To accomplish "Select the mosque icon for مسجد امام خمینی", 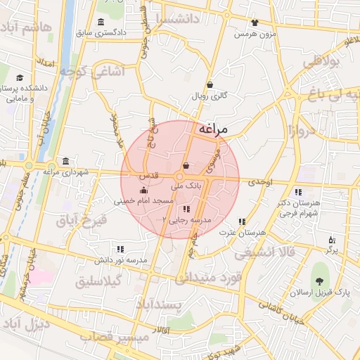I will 144,191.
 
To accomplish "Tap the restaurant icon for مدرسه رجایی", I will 186,209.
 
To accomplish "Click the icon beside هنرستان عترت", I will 242,221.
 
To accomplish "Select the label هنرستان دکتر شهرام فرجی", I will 299,207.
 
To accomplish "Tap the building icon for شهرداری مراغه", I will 65,161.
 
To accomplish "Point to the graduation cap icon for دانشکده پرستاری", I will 20,77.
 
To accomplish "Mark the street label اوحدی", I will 259,182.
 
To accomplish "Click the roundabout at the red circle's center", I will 181,179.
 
